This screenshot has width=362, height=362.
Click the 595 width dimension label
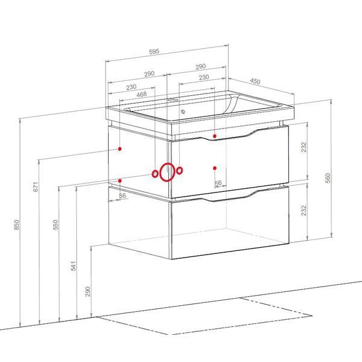154,51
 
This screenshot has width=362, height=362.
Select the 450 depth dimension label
255,81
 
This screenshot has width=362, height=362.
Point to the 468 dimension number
142,94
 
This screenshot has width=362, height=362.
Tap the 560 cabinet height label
328,178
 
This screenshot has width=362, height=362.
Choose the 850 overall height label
17,225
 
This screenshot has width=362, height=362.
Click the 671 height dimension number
36,187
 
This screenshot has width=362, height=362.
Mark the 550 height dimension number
56,225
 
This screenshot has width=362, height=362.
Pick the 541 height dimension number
73,266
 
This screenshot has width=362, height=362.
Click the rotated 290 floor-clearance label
87,291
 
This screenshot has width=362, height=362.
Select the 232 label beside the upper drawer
304,147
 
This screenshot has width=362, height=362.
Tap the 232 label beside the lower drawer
304,211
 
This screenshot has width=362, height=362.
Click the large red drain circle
167,172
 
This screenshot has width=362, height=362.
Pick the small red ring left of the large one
155,174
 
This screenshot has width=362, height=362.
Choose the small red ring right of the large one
180,171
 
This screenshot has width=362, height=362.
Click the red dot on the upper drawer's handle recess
215,136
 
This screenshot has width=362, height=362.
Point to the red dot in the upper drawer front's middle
215,168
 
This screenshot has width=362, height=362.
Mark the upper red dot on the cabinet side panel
120,149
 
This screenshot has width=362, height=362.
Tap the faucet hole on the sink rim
173,100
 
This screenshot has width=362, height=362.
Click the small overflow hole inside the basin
183,112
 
